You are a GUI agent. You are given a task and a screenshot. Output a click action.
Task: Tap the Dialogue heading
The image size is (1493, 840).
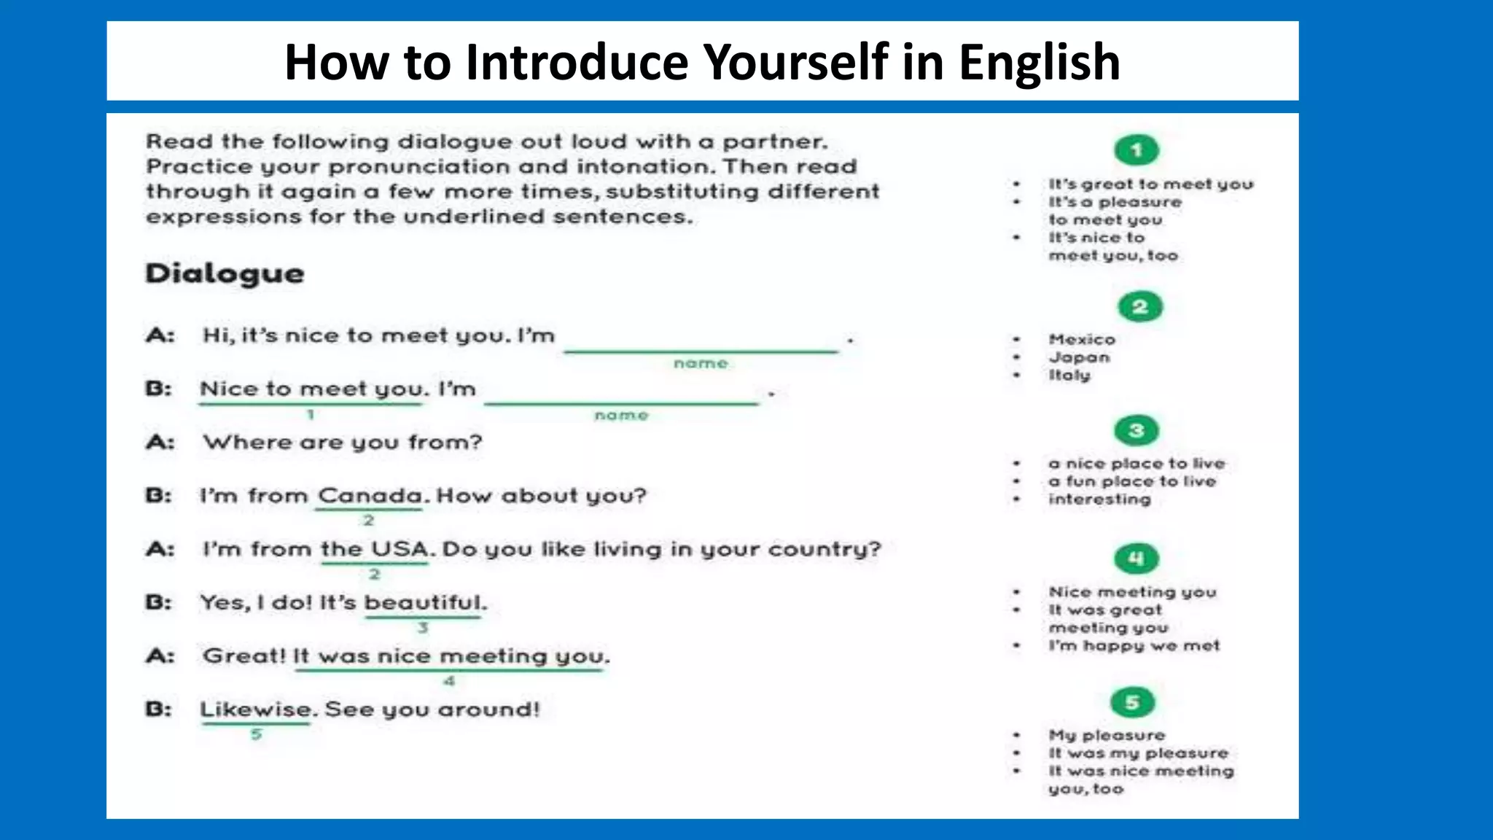coord(225,273)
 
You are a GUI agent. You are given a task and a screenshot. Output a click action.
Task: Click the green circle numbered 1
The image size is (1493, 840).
coord(1137,150)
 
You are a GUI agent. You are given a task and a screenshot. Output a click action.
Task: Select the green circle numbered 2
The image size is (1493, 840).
coord(1140,307)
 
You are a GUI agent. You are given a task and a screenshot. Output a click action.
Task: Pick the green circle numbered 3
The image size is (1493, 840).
coord(1137,430)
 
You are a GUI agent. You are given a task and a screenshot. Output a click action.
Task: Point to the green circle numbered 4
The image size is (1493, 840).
coord(1137,559)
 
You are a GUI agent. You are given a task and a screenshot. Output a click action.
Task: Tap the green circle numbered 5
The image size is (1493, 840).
coord(1133,702)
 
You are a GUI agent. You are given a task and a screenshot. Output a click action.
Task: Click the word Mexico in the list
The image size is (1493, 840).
coord(1082,339)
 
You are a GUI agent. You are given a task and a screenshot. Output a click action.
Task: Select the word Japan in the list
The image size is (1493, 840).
coord(1079,357)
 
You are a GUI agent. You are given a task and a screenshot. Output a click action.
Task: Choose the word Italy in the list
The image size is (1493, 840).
coord(1069,375)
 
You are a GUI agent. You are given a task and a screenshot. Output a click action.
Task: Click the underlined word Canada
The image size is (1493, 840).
coord(370,496)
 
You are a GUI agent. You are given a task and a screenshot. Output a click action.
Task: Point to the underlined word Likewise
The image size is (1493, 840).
coord(256,709)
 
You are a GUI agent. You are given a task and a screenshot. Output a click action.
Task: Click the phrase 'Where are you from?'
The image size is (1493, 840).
coord(343,442)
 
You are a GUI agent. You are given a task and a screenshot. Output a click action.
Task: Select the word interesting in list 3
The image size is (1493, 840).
coord(1099,499)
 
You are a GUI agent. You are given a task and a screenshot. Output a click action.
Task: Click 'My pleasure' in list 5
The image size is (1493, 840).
coord(1107,735)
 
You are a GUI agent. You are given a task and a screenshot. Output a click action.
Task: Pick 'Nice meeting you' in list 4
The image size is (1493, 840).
coord(1132,592)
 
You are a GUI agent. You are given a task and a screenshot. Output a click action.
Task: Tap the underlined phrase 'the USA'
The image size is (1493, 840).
coord(375,549)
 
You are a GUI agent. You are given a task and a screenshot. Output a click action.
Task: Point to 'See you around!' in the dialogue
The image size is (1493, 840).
coord(432,709)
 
